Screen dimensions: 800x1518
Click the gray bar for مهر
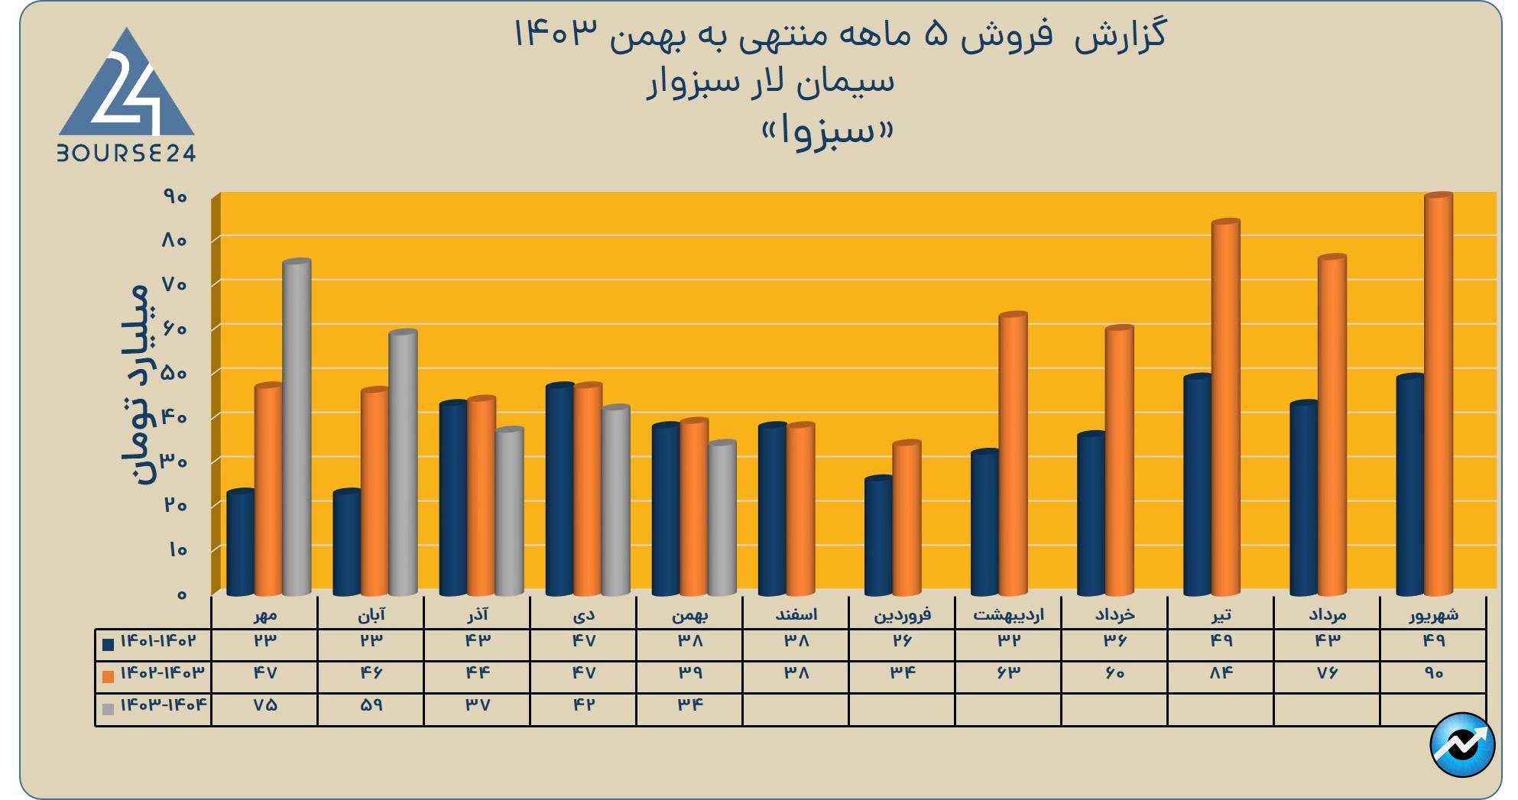point(297,428)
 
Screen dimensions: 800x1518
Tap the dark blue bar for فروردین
point(878,536)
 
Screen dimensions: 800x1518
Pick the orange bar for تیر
point(1225,408)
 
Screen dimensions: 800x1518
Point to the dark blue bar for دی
point(560,490)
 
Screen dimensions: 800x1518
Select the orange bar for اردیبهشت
point(1013,454)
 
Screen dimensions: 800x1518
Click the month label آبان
point(371,614)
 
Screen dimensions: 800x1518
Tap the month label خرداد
point(1114,614)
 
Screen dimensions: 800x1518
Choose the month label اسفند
point(796,614)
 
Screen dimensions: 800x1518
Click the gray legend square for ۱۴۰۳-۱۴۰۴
point(108,708)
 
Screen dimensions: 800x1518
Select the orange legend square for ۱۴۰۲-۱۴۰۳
point(108,676)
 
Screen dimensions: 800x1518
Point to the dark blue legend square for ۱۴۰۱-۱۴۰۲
point(108,644)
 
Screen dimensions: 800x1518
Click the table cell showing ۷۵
point(264,705)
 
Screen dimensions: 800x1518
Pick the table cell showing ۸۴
point(1221,673)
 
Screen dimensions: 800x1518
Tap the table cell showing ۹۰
point(1433,673)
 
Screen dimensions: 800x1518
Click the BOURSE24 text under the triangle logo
point(127,154)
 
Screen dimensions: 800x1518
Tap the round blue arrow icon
point(1461,745)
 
